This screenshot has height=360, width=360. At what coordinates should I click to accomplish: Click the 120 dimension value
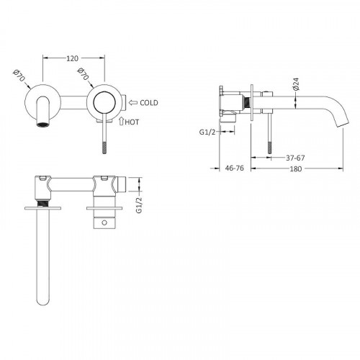tap(72, 58)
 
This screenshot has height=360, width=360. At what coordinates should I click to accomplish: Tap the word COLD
tap(149, 103)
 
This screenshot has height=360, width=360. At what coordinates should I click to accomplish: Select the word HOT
tap(132, 122)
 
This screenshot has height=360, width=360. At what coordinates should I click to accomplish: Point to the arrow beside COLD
tap(133, 103)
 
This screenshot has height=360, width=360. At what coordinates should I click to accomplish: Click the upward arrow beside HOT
tap(121, 121)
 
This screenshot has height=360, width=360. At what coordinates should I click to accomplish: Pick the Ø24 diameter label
tap(296, 84)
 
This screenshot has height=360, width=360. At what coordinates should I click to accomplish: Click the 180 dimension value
tap(296, 169)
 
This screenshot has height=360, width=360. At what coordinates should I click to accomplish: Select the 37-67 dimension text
tap(295, 158)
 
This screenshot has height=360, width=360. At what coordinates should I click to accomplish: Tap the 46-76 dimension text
tap(234, 168)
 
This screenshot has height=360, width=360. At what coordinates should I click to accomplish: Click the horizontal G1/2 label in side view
tap(207, 132)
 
